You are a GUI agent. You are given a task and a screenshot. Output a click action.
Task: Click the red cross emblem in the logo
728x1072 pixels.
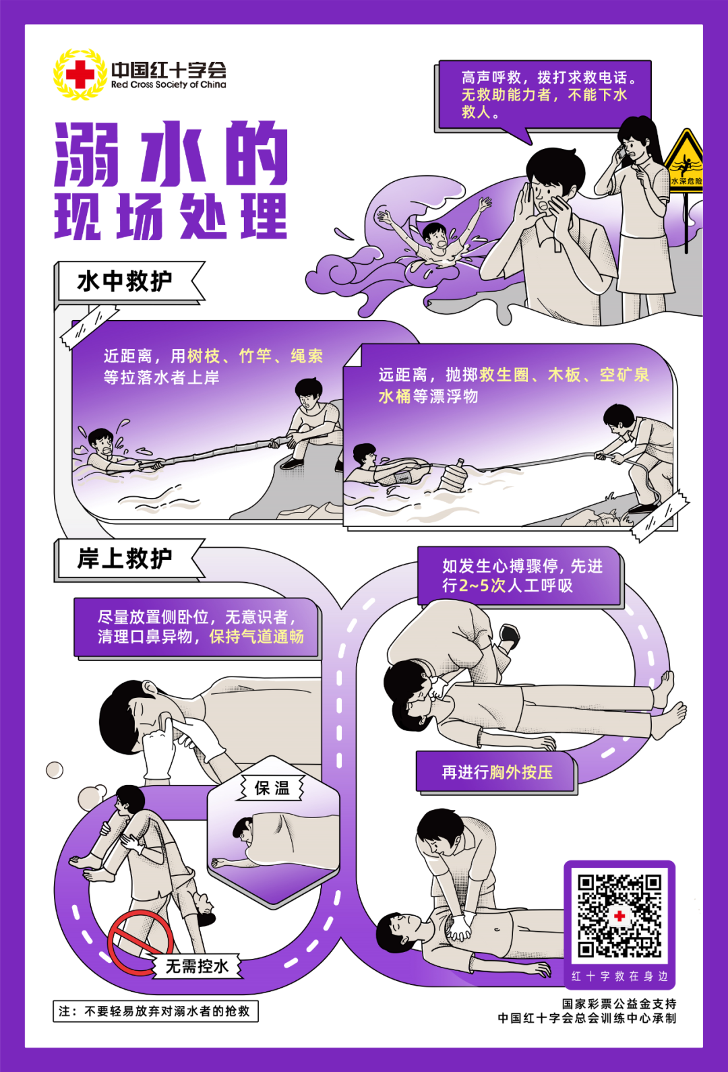80,74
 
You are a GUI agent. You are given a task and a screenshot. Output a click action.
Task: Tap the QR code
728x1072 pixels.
619,916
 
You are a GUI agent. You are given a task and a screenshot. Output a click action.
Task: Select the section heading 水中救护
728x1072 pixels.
125,281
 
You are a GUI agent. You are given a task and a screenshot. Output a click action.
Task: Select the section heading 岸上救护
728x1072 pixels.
125,559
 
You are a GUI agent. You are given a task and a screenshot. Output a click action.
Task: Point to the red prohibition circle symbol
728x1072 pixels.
140,942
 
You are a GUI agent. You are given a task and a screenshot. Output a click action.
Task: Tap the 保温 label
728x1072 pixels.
272,788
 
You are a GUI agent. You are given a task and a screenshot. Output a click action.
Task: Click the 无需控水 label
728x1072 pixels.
198,966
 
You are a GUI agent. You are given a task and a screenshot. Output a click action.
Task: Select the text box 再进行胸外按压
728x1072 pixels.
497,772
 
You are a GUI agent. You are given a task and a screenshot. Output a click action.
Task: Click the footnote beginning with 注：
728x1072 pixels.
155,1011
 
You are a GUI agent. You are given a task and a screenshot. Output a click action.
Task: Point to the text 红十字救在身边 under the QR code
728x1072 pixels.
619,976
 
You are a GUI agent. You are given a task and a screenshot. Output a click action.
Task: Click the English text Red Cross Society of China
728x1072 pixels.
169,85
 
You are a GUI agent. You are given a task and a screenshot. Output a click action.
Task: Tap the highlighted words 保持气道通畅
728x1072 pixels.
256,637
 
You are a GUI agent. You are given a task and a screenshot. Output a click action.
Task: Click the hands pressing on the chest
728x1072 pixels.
460,929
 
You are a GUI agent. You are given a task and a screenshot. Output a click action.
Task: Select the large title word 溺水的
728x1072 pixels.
171,155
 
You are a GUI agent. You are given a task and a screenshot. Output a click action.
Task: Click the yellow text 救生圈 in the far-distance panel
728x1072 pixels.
504,375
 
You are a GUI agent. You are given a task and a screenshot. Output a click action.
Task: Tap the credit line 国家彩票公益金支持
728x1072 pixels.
619,1004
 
